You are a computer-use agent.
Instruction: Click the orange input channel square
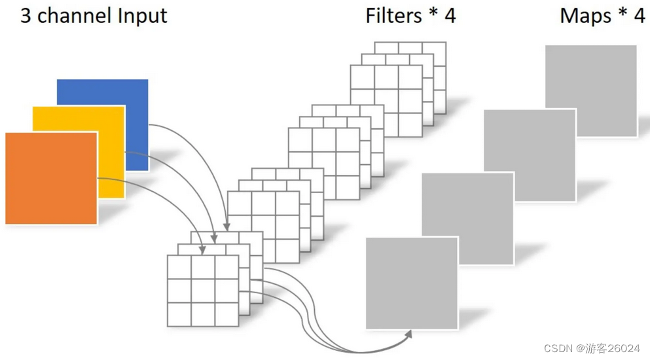pyautogui.click(x=51, y=178)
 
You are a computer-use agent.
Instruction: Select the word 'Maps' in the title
pyautogui.click(x=585, y=16)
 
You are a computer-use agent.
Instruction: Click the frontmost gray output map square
pyautogui.click(x=411, y=283)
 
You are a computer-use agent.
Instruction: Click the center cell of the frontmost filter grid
pyautogui.click(x=204, y=291)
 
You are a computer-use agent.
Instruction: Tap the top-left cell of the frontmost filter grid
pyautogui.click(x=180, y=267)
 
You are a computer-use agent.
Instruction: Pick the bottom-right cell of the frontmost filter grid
pyautogui.click(x=227, y=314)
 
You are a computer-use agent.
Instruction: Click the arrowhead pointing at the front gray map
pyautogui.click(x=410, y=333)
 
